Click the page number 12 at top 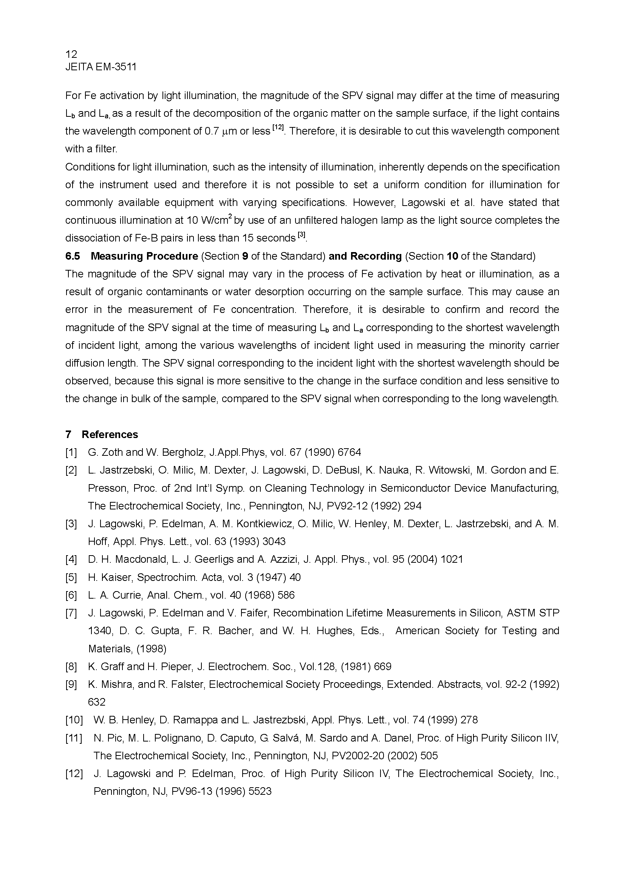pyautogui.click(x=71, y=54)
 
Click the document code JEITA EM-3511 pyautogui.click(x=101, y=67)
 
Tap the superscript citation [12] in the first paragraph pyautogui.click(x=277, y=127)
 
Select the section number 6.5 pyautogui.click(x=73, y=256)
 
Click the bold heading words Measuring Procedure pyautogui.click(x=144, y=256)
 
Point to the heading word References pyautogui.click(x=110, y=434)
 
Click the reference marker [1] pyautogui.click(x=71, y=452)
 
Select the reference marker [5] pyautogui.click(x=71, y=577)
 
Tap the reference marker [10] pyautogui.click(x=74, y=720)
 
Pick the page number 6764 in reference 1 pyautogui.click(x=349, y=452)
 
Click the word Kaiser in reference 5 pyautogui.click(x=117, y=577)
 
